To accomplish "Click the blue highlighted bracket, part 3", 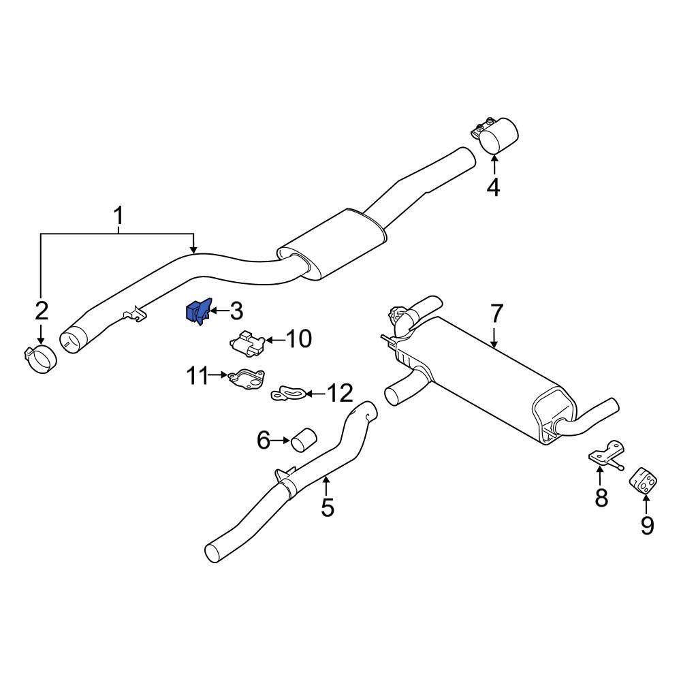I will click(198, 313).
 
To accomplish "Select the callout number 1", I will click(118, 217).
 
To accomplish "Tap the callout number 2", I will click(42, 311).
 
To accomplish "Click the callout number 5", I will click(328, 507).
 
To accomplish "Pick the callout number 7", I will click(496, 314).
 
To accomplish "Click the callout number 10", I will click(297, 338).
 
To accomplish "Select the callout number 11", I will click(197, 375).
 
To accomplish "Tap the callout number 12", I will click(340, 393).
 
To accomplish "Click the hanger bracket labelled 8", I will click(605, 456).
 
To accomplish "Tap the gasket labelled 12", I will click(290, 393).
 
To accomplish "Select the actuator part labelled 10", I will click(248, 342).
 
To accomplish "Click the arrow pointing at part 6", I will click(281, 441).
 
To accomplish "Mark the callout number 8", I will click(601, 498).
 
